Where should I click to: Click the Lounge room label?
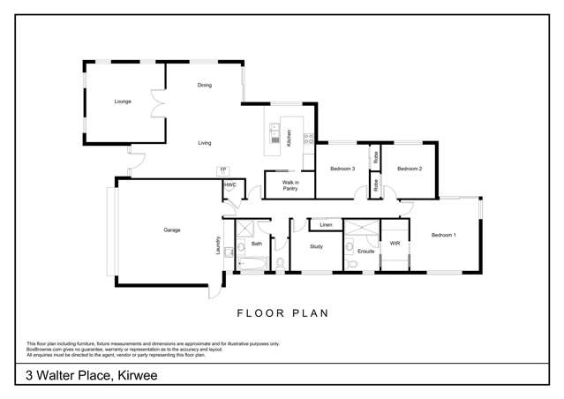[123, 102]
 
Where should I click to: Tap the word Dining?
[205, 86]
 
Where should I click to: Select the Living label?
[205, 142]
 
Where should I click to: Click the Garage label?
[171, 230]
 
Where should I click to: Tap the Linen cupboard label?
[326, 224]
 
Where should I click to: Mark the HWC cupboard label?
[229, 185]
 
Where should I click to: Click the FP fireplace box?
[223, 169]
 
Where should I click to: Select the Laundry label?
[217, 245]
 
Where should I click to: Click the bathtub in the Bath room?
[250, 262]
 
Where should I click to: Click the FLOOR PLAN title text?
[282, 312]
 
